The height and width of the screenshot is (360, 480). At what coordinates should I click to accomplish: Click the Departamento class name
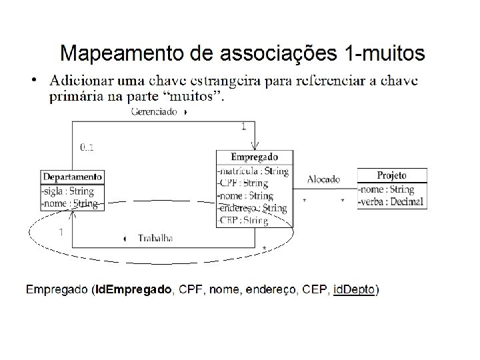73,177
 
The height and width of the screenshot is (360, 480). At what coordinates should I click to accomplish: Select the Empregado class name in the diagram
254,157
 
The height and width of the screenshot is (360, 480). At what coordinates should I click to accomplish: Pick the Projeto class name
392,175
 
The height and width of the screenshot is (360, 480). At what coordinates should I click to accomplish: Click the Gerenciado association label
153,112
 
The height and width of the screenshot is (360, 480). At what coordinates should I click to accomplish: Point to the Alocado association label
323,179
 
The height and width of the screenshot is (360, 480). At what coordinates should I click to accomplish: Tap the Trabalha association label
155,238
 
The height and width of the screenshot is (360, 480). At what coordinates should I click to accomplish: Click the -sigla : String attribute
69,191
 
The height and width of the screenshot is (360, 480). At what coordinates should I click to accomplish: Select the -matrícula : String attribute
253,171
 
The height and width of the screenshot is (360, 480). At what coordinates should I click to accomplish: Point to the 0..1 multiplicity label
87,147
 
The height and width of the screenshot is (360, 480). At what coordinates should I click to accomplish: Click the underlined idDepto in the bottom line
354,289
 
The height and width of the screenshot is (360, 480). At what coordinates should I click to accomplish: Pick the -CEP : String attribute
243,221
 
